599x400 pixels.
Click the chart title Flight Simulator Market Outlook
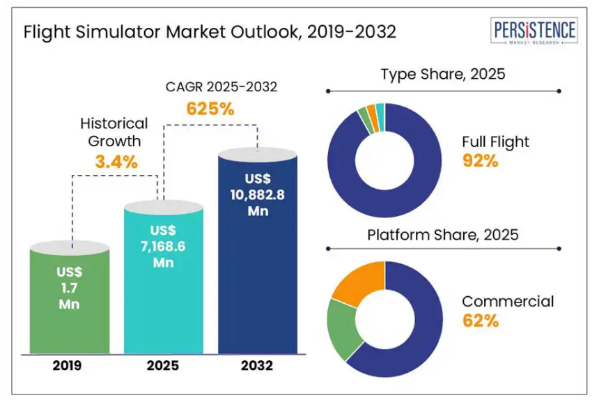(x=210, y=32)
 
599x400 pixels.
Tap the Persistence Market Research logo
(x=535, y=32)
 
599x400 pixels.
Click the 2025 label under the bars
(x=164, y=365)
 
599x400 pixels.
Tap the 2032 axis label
(x=257, y=365)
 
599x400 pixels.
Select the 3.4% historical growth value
(x=115, y=162)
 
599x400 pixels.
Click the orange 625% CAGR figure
(x=210, y=109)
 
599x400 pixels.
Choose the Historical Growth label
(x=114, y=132)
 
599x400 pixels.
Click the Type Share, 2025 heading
(x=442, y=74)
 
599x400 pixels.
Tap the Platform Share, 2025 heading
(x=443, y=235)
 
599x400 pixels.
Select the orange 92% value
(x=480, y=161)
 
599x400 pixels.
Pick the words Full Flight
(x=495, y=141)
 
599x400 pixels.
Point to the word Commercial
(x=508, y=301)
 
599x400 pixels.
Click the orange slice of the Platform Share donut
(x=361, y=280)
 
